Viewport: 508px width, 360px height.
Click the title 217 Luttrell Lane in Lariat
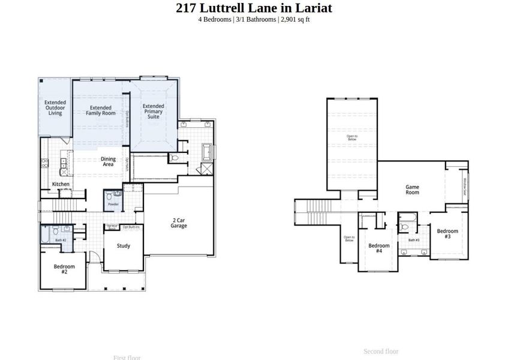point(254,8)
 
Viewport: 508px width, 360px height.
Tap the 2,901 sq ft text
point(295,19)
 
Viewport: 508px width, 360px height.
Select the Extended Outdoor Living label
point(55,107)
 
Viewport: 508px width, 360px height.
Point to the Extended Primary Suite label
point(153,111)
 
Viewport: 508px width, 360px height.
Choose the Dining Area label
point(108,161)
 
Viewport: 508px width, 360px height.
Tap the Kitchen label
point(61,184)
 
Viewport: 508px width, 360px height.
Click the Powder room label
point(113,205)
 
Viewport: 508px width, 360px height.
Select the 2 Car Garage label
point(179,223)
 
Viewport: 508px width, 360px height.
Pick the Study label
point(123,245)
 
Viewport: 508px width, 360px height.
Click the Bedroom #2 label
point(64,269)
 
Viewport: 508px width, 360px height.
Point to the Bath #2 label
point(61,240)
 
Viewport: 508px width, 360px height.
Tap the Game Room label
point(412,190)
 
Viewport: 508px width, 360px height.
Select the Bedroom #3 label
point(447,233)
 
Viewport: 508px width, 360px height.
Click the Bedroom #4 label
point(379,248)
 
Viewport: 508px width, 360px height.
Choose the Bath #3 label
point(414,240)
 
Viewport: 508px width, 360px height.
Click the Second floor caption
point(381,351)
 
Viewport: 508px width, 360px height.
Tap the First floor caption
point(127,357)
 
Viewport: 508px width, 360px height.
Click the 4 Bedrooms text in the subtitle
point(215,19)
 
